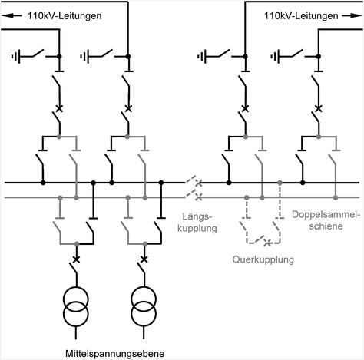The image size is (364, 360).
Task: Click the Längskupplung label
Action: [x=200, y=222]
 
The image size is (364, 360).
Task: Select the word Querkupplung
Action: [x=263, y=259]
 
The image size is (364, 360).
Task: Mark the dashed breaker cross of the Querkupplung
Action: [x=267, y=244]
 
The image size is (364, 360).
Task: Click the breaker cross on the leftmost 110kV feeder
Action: [x=60, y=108]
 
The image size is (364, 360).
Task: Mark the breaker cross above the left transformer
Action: [x=75, y=259]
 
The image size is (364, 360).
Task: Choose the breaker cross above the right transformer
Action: [x=144, y=259]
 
